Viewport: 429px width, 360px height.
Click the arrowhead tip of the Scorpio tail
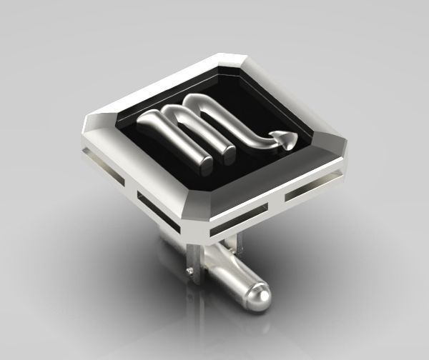pyautogui.click(x=289, y=144)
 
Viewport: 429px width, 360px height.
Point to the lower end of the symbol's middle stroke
pyautogui.click(x=228, y=152)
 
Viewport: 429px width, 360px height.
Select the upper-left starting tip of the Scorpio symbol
pyautogui.click(x=148, y=119)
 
